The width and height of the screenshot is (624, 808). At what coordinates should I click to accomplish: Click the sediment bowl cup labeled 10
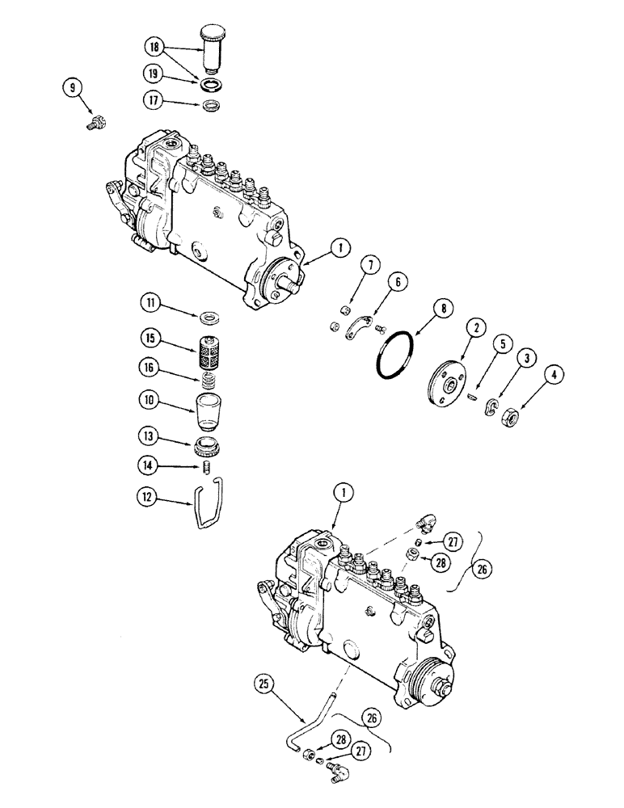209,412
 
